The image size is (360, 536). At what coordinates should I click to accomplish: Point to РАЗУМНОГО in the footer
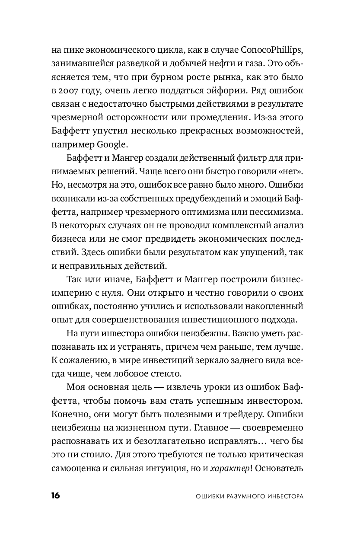tap(242, 496)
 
